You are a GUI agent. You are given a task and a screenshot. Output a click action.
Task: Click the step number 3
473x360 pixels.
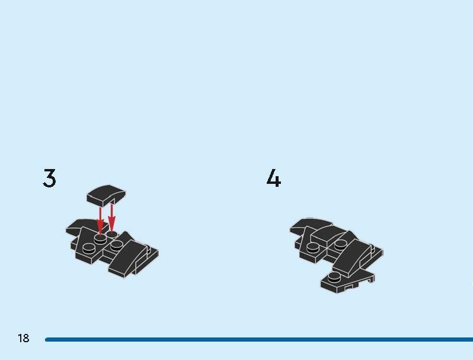pyautogui.click(x=49, y=178)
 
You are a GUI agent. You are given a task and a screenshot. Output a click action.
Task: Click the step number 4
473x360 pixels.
pyautogui.click(x=274, y=178)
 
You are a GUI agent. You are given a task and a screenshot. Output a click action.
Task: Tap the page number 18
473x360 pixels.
pyautogui.click(x=24, y=338)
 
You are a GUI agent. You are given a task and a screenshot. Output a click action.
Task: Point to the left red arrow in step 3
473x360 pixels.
pyautogui.click(x=100, y=220)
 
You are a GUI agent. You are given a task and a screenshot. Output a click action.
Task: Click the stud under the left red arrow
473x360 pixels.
pyautogui.click(x=100, y=238)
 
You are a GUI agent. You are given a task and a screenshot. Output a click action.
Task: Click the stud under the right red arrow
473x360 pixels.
pyautogui.click(x=112, y=234)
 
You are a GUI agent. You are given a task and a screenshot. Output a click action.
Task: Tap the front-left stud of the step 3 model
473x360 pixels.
pyautogui.click(x=88, y=247)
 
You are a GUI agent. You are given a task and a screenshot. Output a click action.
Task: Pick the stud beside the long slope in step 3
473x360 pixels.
pyautogui.click(x=116, y=245)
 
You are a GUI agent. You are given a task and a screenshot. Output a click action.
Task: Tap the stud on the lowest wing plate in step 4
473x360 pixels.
pyautogui.click(x=334, y=277)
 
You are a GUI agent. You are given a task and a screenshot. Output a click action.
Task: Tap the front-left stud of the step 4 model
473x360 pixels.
pyautogui.click(x=313, y=247)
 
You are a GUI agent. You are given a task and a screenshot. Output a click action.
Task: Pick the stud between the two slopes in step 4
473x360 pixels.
pyautogui.click(x=340, y=245)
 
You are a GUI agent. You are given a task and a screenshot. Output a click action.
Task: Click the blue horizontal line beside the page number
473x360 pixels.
pyautogui.click(x=259, y=339)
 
